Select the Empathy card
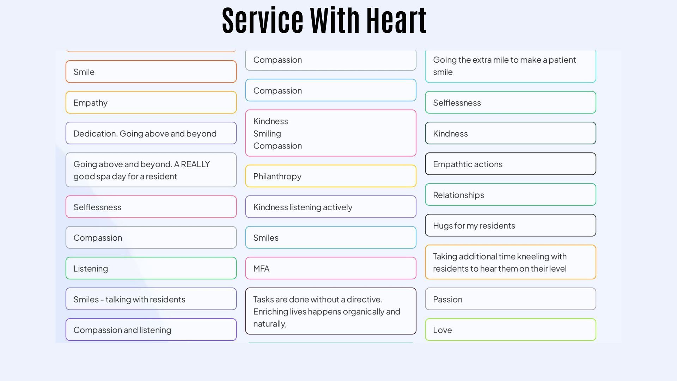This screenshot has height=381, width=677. tap(151, 103)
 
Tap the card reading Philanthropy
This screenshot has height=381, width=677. tap(330, 176)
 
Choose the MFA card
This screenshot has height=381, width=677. tap(330, 268)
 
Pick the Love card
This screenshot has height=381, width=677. tap(510, 330)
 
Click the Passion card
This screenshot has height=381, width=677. tap(510, 299)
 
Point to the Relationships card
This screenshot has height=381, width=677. tap(510, 195)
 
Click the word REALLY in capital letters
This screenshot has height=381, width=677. tap(195, 164)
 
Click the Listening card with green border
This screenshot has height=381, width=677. tap(151, 268)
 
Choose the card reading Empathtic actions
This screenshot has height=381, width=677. tap(510, 164)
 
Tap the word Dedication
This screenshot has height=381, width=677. tap(95, 134)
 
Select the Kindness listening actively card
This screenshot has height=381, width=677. tap(330, 207)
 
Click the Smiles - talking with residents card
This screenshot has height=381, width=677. tap(151, 299)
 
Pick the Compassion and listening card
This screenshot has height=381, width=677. tap(151, 330)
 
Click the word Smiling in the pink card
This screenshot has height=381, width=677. tap(267, 134)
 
